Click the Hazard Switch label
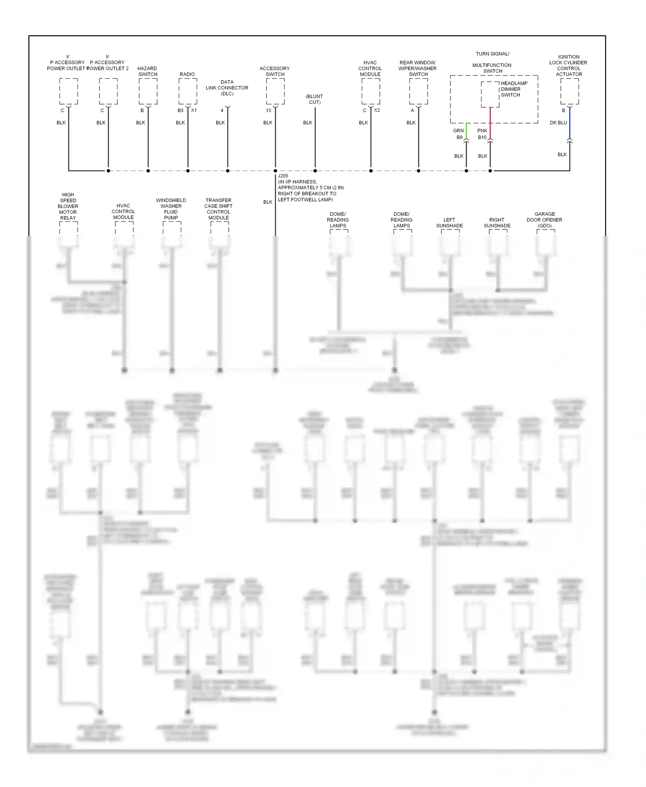pyautogui.click(x=147, y=71)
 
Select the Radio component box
pyautogui.click(x=188, y=91)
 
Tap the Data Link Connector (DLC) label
pyautogui.click(x=227, y=88)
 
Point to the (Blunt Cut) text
pyautogui.click(x=314, y=99)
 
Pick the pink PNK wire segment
pyautogui.click(x=490, y=123)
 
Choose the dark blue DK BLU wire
pyautogui.click(x=570, y=122)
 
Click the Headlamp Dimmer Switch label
pyautogui.click(x=514, y=89)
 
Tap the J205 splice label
pyautogui.click(x=283, y=176)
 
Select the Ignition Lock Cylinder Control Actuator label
pyautogui.click(x=568, y=65)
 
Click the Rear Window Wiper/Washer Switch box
pyautogui.click(x=418, y=91)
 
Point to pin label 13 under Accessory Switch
pyautogui.click(x=268, y=111)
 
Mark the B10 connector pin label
pyautogui.click(x=482, y=138)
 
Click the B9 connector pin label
pyautogui.click(x=460, y=138)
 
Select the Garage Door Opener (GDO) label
pyautogui.click(x=544, y=220)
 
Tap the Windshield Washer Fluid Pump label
pyautogui.click(x=171, y=209)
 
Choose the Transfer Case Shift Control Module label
pyautogui.click(x=218, y=209)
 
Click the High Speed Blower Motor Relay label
pyautogui.click(x=68, y=206)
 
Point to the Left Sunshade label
pyautogui.click(x=449, y=223)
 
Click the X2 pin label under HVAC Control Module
pyautogui.click(x=377, y=111)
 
